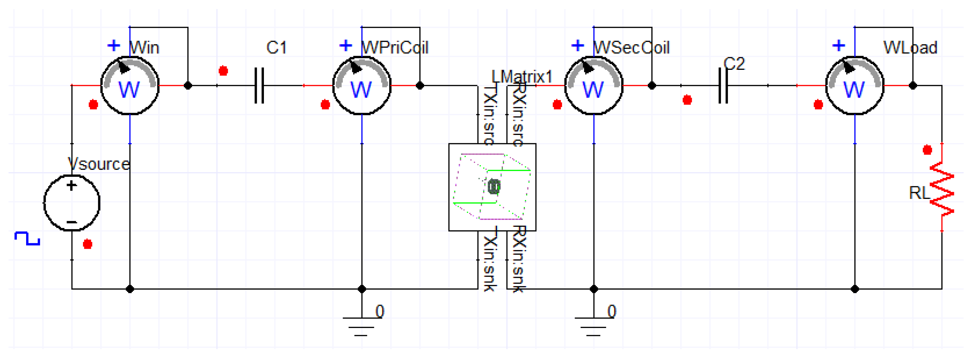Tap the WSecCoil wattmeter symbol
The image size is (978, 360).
(594, 85)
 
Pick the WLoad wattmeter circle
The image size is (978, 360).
(855, 85)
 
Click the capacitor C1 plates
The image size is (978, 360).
(259, 85)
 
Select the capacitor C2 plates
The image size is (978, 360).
(723, 85)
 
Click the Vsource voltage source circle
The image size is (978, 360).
(72, 203)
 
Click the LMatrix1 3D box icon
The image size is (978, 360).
(492, 187)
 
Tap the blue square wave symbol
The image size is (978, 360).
(27, 238)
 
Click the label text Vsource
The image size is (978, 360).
(99, 164)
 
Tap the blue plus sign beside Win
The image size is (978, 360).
(113, 46)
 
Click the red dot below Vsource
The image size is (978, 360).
(88, 244)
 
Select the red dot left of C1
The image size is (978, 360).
(223, 71)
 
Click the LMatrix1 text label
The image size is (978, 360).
(522, 77)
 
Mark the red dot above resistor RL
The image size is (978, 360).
(928, 150)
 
